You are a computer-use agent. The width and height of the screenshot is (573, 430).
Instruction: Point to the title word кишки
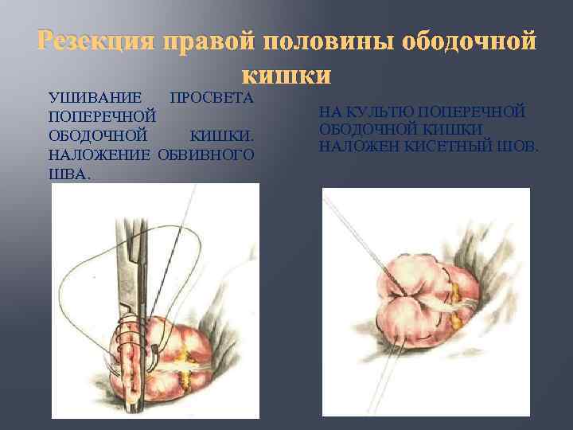(286, 75)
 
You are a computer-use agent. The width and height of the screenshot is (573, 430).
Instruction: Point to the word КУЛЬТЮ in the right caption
(384, 111)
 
